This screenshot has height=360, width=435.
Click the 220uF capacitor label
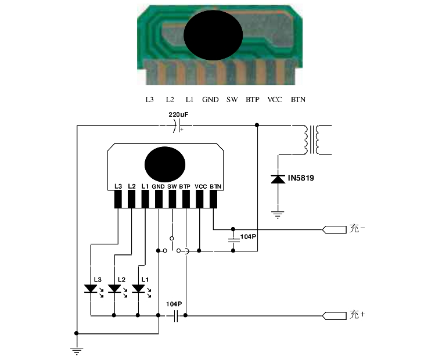click(178, 115)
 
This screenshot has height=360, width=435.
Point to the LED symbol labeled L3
click(91, 289)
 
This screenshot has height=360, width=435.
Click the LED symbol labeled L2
click(115, 289)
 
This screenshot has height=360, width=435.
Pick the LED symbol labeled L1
click(138, 289)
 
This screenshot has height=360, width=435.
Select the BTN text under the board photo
click(298, 100)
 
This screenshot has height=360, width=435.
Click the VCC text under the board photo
click(275, 100)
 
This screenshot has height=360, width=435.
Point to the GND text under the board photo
click(210, 100)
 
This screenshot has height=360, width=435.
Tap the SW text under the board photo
click(232, 100)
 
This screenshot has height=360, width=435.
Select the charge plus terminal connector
click(333, 316)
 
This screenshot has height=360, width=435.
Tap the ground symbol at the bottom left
click(76, 350)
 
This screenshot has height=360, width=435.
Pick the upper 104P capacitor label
click(249, 237)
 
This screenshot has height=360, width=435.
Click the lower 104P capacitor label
click(174, 304)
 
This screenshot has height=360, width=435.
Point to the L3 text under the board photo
click(149, 100)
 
